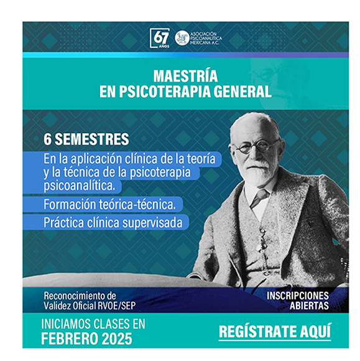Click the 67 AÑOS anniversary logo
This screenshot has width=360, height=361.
tap(160, 38)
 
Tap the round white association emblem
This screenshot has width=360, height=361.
tap(182, 38)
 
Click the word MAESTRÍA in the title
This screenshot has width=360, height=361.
tap(185, 76)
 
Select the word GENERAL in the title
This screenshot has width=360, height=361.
tap(242, 91)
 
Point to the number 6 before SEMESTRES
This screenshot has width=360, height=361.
tap(47, 139)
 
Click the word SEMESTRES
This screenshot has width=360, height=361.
tap(92, 139)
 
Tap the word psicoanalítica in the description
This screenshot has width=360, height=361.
tap(80, 186)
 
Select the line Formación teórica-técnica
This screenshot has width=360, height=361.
tap(109, 204)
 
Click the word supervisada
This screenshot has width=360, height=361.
tap(152, 223)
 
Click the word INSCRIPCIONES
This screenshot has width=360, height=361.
tap(298, 296)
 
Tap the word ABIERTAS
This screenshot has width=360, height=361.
tap(309, 306)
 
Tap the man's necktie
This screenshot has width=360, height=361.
tap(259, 197)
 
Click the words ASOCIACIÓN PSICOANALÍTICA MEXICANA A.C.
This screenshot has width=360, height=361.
tap(206, 38)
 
